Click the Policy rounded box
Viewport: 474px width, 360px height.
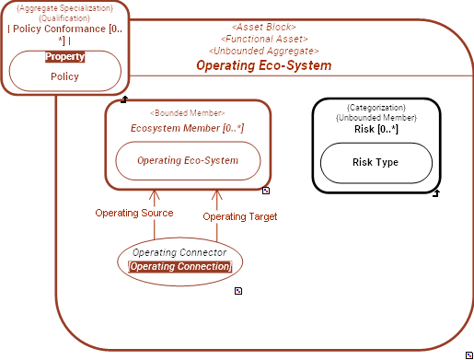64,76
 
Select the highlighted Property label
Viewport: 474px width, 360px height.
64,56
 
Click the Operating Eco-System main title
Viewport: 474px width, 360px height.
263,65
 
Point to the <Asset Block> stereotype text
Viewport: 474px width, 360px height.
263,28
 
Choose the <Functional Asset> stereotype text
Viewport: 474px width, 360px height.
263,40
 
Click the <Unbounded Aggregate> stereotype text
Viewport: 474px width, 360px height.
263,52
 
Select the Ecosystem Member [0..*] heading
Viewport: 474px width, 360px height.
187,128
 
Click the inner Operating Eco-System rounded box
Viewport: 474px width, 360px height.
188,160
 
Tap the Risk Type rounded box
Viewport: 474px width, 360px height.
376,162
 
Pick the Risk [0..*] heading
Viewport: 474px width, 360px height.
376,129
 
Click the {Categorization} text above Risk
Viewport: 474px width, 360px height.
376,108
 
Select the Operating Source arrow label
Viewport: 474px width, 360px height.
134,213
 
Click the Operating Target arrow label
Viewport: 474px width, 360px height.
240,216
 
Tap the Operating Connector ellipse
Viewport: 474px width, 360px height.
180,259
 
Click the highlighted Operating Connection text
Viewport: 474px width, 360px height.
180,266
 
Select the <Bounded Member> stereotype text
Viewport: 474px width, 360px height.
187,112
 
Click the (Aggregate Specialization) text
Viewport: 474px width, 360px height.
64,7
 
